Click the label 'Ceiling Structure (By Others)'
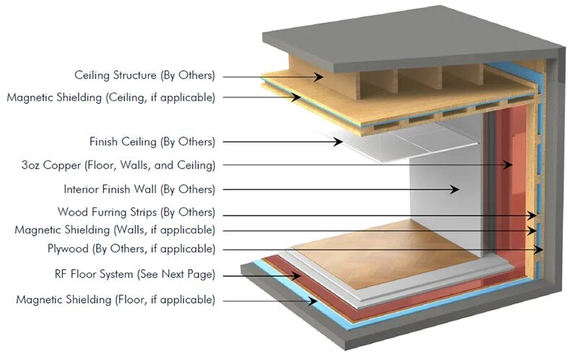[145, 75]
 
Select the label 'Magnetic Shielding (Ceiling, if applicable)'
[111, 98]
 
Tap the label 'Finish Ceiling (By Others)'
[152, 142]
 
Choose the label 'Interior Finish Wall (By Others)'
[139, 189]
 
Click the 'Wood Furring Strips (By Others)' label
[137, 213]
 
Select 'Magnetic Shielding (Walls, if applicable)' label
[115, 230]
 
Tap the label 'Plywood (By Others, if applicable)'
[130, 249]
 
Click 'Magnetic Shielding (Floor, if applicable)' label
[115, 299]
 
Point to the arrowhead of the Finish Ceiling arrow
[339, 142]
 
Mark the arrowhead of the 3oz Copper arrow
[509, 166]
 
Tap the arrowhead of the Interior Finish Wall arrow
[456, 189]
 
